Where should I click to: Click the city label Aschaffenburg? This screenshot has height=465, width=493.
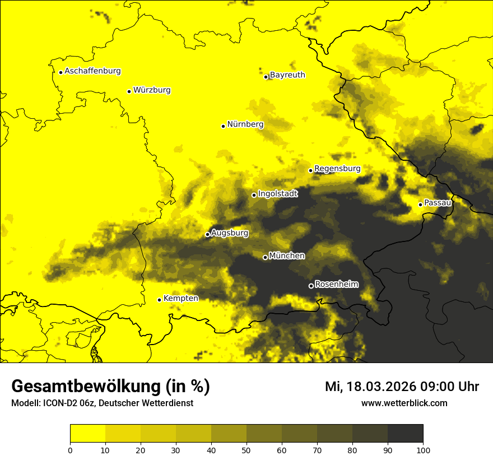92,71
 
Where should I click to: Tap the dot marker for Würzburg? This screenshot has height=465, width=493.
129,91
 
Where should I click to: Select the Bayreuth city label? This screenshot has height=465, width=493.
287,75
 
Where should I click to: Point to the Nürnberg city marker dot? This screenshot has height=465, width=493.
223,126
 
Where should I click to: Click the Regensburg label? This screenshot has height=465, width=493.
337,169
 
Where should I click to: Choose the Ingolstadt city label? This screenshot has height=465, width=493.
278,194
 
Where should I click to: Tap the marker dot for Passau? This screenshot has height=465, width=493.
420,204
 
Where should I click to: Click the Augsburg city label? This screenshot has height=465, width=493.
230,233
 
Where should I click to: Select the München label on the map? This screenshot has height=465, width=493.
287,256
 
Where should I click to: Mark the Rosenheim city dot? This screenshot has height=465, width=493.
311,286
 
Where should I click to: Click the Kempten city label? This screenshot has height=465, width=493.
180,299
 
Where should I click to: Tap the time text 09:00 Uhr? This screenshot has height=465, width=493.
453,387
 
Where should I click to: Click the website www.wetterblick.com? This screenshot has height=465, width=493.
404,403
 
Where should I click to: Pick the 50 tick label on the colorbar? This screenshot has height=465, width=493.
246,450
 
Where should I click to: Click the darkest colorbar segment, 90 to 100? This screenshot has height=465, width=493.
405,433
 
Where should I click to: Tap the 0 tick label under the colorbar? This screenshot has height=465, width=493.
70,450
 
